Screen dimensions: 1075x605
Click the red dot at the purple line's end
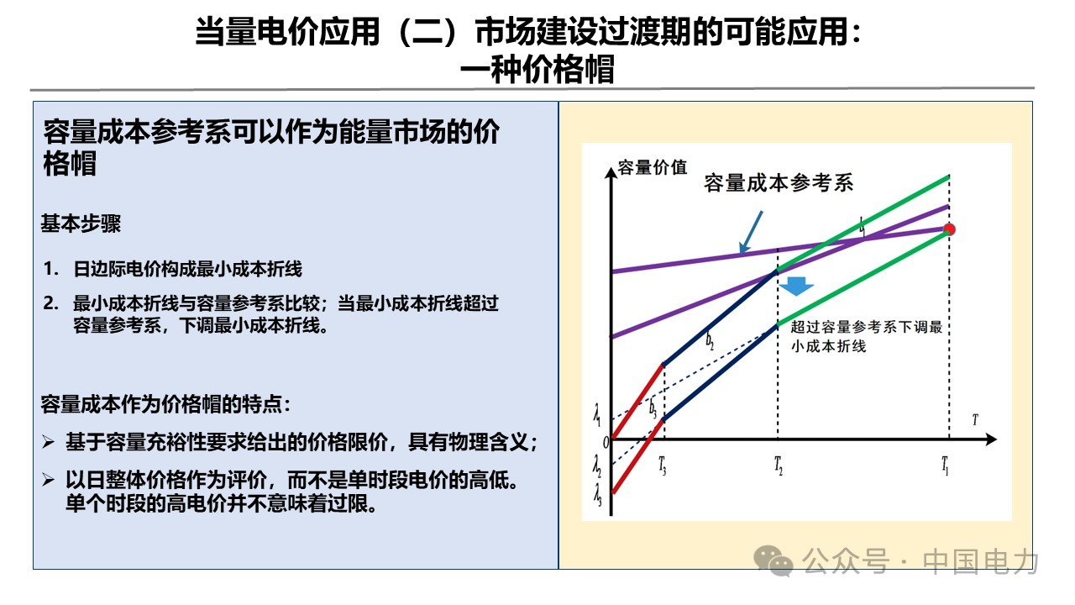coord(949,229)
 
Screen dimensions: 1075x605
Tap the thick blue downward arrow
coord(796,286)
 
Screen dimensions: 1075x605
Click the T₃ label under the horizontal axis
coord(663,465)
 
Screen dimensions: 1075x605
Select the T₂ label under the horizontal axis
coord(778,465)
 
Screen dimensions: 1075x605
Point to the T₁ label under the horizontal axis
coord(945,465)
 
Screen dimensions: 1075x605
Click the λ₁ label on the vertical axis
coord(597,415)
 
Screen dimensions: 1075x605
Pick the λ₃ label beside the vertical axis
coord(597,495)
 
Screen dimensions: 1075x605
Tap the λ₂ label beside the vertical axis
coord(597,466)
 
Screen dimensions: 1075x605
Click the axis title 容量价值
coord(653,167)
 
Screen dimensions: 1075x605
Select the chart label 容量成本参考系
coord(779,183)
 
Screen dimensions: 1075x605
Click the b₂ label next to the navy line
coord(710,340)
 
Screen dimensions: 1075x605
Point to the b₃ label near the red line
coord(653,408)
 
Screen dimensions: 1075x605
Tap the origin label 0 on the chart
coord(606,442)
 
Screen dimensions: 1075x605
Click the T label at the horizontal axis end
coord(975,420)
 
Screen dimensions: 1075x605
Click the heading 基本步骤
coord(81,224)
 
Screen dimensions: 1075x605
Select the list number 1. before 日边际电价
coord(51,269)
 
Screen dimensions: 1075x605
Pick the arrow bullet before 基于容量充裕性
coord(48,441)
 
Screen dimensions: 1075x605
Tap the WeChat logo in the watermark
coord(773,560)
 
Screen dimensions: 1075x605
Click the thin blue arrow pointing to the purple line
coord(751,232)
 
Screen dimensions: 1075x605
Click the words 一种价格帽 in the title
coord(537,70)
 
